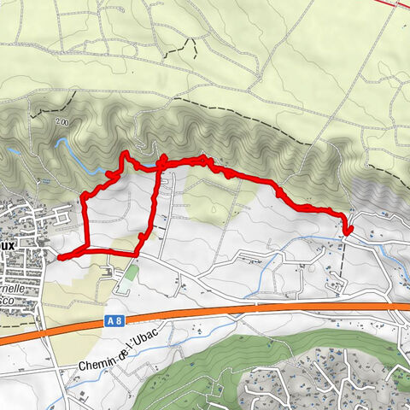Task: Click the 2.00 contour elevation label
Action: coord(61,122)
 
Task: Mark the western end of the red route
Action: coord(60,256)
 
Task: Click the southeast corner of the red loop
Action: coord(138,254)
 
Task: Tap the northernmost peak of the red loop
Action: coord(125,153)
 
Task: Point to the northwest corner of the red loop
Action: coord(84,198)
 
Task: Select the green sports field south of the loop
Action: coord(130,273)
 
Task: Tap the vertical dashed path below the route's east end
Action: coord(344,265)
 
